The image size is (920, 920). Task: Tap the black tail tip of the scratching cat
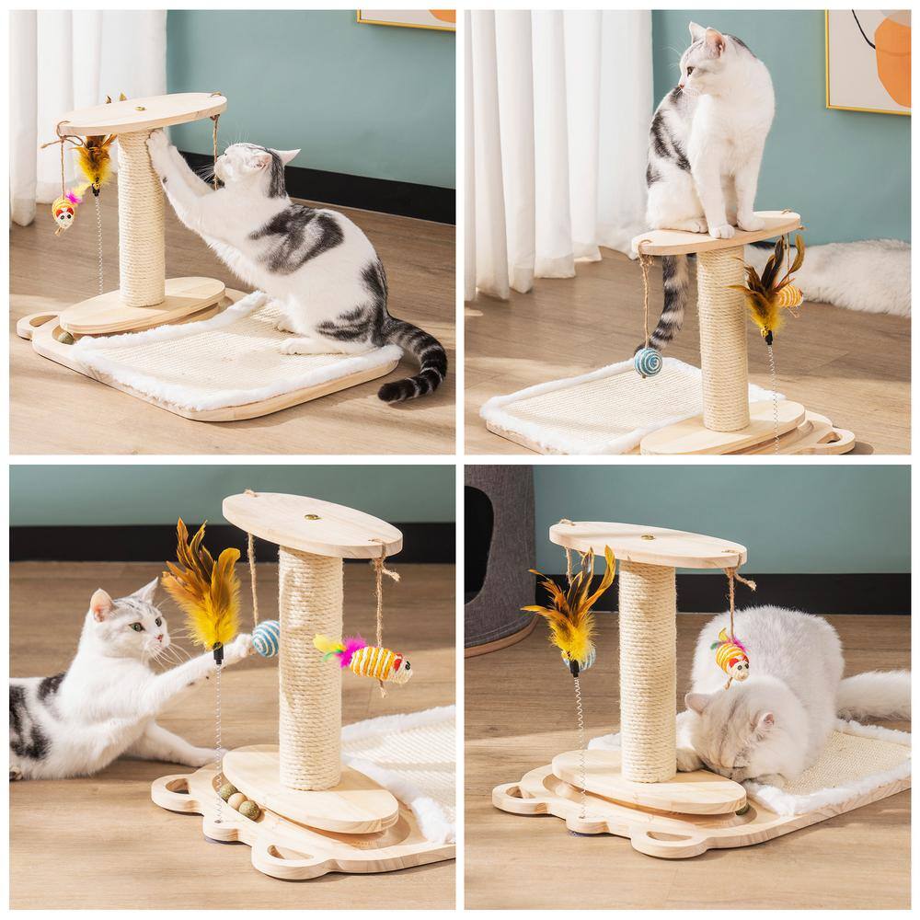[394, 390]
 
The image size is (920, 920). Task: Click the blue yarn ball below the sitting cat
[648, 362]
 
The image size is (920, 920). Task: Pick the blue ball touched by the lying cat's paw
[266, 638]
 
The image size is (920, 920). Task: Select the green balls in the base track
[238, 800]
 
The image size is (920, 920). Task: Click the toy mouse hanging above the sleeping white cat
[731, 656]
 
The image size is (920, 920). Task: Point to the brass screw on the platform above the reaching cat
[312, 518]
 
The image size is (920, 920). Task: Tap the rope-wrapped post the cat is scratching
[141, 221]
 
